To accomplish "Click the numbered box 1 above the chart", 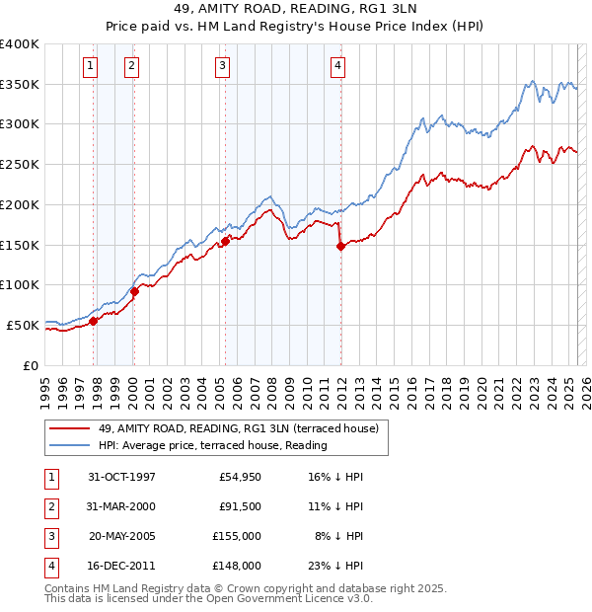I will tap(90, 66).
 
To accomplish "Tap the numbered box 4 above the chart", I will tap(337, 66).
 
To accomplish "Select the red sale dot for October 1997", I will tap(94, 321).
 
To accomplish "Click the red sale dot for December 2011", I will tap(341, 247).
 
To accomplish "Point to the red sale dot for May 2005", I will tap(226, 241).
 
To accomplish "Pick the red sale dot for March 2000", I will tap(135, 291).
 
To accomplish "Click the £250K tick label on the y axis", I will tap(19, 165).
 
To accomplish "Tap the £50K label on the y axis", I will tap(23, 325).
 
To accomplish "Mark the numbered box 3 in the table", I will tap(50, 536).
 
